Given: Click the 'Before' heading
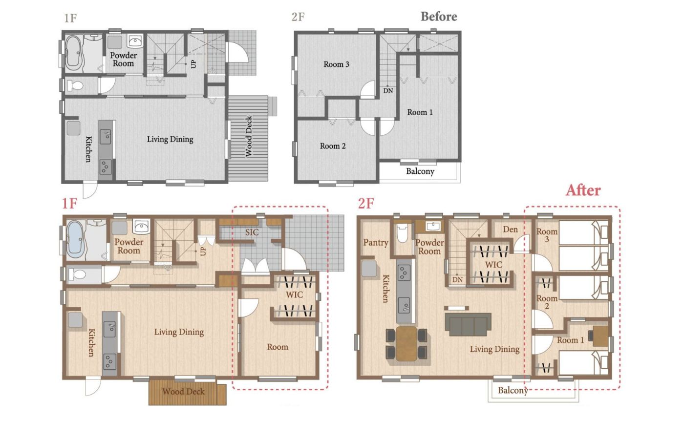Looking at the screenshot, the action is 439,17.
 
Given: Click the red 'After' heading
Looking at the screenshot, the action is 583,190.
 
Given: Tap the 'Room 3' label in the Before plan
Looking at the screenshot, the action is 336,64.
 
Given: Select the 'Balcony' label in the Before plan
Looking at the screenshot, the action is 420,171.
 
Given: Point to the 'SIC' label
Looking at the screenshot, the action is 252,232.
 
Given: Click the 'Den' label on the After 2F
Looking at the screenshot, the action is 510,230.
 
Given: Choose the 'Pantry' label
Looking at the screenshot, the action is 376,243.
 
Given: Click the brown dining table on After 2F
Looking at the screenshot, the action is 406,343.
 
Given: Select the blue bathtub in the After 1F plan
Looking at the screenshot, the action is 75,239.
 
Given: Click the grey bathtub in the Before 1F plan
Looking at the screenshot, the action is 73,53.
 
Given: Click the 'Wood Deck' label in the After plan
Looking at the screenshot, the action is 184,391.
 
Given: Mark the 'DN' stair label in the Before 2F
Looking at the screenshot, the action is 388,91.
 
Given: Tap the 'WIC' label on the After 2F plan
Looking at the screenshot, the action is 493,264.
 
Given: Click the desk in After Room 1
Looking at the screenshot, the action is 600,336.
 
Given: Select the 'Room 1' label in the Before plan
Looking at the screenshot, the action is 420,112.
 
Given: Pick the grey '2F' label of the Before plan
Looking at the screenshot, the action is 298,17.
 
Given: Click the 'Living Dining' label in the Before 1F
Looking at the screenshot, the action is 170,140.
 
